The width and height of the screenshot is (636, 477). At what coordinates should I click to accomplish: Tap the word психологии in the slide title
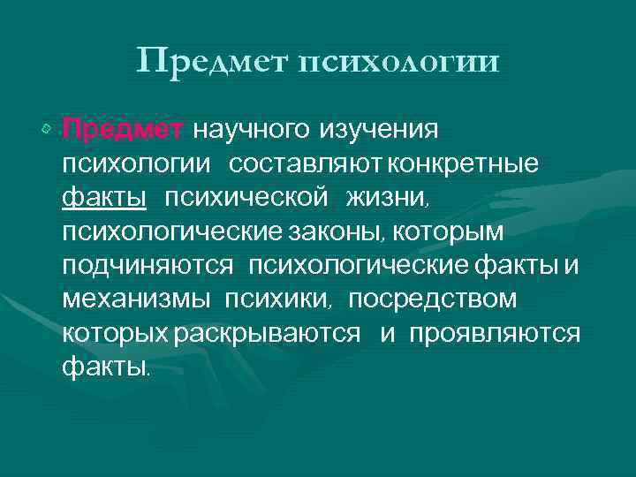point(399,63)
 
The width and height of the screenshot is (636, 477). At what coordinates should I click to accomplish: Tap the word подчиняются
point(148,265)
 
